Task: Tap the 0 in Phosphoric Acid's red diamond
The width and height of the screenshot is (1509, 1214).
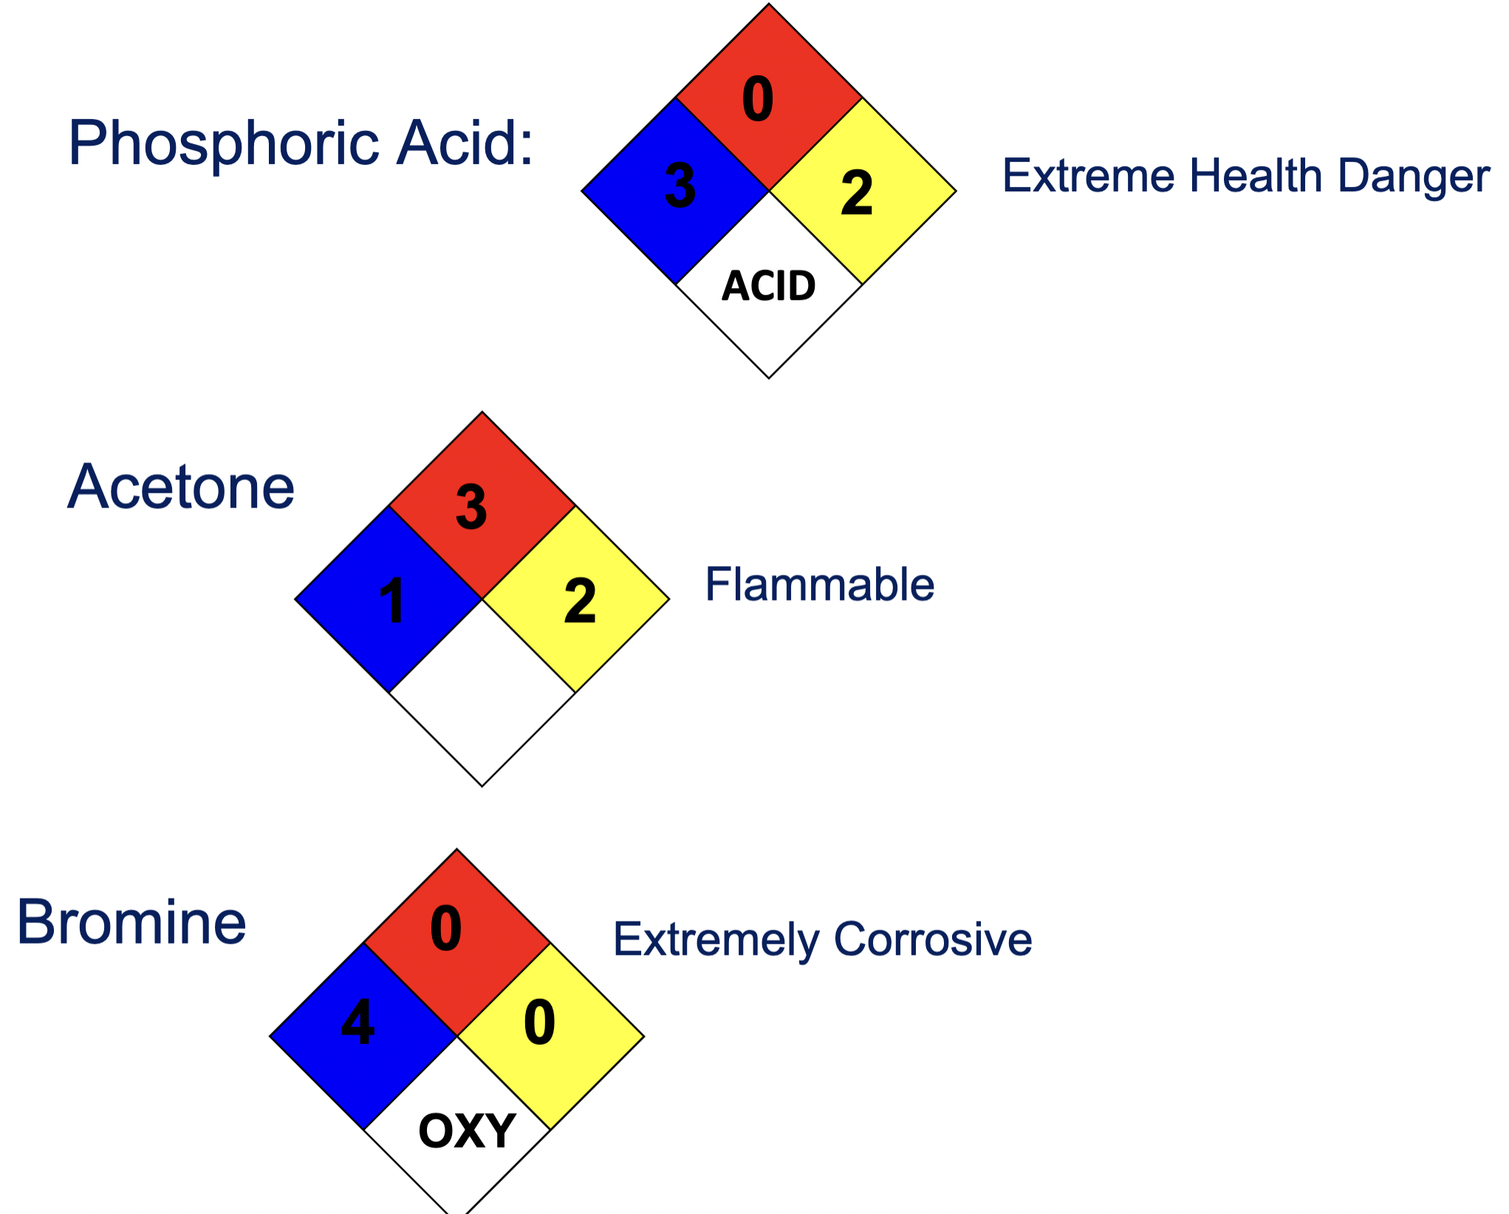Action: (x=758, y=99)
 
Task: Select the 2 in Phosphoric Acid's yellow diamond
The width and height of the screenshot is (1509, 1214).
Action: (x=857, y=193)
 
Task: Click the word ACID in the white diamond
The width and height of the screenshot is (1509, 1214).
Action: (x=769, y=286)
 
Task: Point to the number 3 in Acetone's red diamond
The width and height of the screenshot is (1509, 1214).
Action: (x=471, y=507)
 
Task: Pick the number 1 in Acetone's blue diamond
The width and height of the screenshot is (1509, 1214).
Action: (x=392, y=601)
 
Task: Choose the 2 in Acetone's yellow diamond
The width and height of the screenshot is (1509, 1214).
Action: (x=580, y=601)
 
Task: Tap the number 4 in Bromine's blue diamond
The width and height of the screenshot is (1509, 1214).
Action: (x=358, y=1022)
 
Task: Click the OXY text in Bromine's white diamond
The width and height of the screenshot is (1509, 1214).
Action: (x=467, y=1131)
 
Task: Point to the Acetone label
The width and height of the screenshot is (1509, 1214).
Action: (x=181, y=487)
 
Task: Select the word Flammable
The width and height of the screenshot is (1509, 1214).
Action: (x=820, y=584)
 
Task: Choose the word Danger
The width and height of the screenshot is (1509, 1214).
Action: (x=1414, y=177)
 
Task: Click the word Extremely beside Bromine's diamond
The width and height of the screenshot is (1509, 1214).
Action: (x=716, y=941)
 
